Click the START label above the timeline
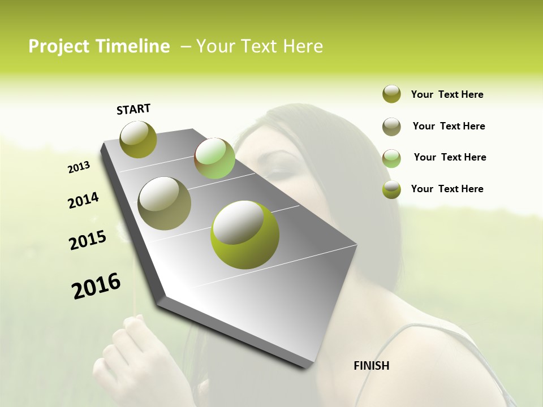click(x=133, y=109)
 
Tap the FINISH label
click(x=371, y=366)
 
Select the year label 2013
click(x=79, y=167)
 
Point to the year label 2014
click(x=83, y=200)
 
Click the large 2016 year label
click(x=96, y=286)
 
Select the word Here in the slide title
click(x=302, y=46)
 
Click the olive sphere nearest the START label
click(x=138, y=139)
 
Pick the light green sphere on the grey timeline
click(x=214, y=158)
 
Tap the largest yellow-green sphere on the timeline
click(x=245, y=235)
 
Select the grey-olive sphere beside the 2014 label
click(x=164, y=203)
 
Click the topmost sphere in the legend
click(x=391, y=94)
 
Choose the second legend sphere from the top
click(x=391, y=127)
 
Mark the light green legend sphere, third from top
click(x=391, y=158)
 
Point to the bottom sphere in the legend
click(x=391, y=189)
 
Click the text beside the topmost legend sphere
click(x=447, y=94)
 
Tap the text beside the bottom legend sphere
click(x=447, y=189)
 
